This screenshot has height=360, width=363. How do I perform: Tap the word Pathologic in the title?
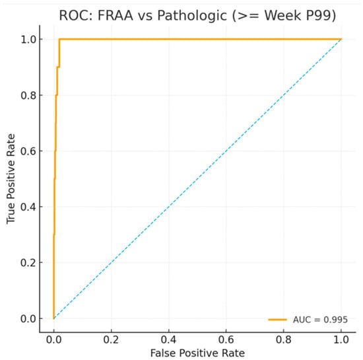tap(192, 16)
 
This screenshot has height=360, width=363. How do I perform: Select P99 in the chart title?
tap(321, 16)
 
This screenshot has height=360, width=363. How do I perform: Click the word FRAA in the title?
tap(115, 15)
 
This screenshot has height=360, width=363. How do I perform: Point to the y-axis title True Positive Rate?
tap(11, 178)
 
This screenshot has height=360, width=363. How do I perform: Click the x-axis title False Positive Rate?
tap(197, 353)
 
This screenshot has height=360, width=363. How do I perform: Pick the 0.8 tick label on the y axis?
tap(28, 95)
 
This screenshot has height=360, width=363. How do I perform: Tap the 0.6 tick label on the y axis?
tap(28, 151)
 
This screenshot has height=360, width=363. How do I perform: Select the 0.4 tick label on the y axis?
tap(28, 207)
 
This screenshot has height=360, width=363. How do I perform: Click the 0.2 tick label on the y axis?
tap(28, 263)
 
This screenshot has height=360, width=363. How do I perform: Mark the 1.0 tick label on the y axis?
tap(28, 40)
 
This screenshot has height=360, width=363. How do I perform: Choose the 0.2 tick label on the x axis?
tap(111, 340)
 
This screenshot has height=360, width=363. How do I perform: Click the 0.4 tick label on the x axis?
tap(168, 340)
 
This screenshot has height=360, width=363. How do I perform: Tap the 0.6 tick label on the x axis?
tap(226, 340)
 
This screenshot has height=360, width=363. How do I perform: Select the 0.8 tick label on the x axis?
tap(283, 340)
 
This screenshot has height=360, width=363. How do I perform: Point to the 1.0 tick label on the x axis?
tap(341, 340)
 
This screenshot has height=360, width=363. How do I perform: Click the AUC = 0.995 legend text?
tap(320, 320)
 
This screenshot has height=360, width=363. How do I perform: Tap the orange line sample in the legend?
tap(278, 320)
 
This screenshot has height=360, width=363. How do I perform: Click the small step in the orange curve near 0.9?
tap(58, 67)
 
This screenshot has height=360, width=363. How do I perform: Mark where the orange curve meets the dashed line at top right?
tap(341, 39)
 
